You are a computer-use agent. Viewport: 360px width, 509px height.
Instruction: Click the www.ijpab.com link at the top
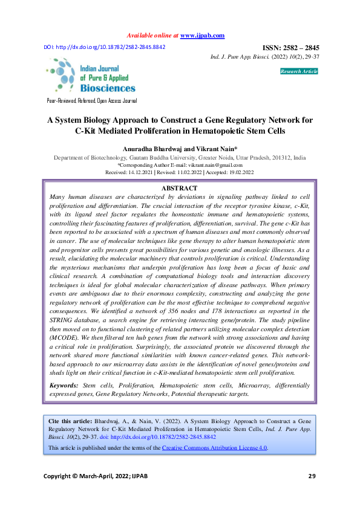pyautogui.click(x=203, y=36)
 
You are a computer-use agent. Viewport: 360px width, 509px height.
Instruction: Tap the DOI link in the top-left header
pyautogui.click(x=104, y=47)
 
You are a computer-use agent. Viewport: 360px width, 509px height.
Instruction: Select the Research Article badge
pyautogui.click(x=299, y=71)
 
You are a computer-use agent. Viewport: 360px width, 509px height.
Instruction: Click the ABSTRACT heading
pyautogui.click(x=180, y=189)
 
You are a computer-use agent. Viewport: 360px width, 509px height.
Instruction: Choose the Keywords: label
pyautogui.click(x=64, y=384)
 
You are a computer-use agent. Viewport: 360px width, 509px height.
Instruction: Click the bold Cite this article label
pyautogui.click(x=70, y=420)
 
